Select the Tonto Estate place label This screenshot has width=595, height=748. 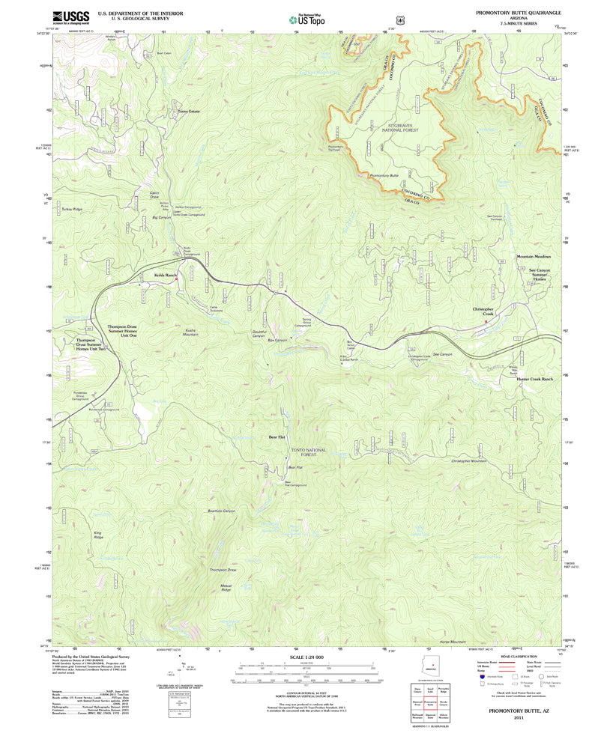pos(188,111)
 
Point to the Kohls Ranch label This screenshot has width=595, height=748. pos(166,276)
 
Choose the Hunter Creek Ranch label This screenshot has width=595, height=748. pos(534,380)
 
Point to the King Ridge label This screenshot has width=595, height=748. pos(98,535)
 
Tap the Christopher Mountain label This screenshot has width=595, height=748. pos(469,460)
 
